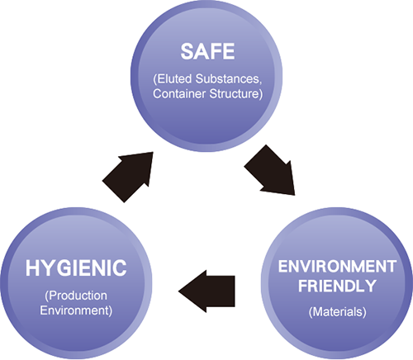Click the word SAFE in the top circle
207,51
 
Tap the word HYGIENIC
76,268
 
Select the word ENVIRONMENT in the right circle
337,267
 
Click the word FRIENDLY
337,286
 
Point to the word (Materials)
338,312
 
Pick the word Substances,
229,79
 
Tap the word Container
179,94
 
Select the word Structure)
236,94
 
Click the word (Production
76,296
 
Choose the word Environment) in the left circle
76,310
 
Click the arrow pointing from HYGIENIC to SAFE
128,177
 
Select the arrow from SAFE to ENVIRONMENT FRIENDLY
270,170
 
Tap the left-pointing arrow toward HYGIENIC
206,291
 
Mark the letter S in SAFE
187,51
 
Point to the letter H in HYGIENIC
32,268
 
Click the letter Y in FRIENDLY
370,286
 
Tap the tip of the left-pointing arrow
178,291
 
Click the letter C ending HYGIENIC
120,268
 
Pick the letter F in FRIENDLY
303,286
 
